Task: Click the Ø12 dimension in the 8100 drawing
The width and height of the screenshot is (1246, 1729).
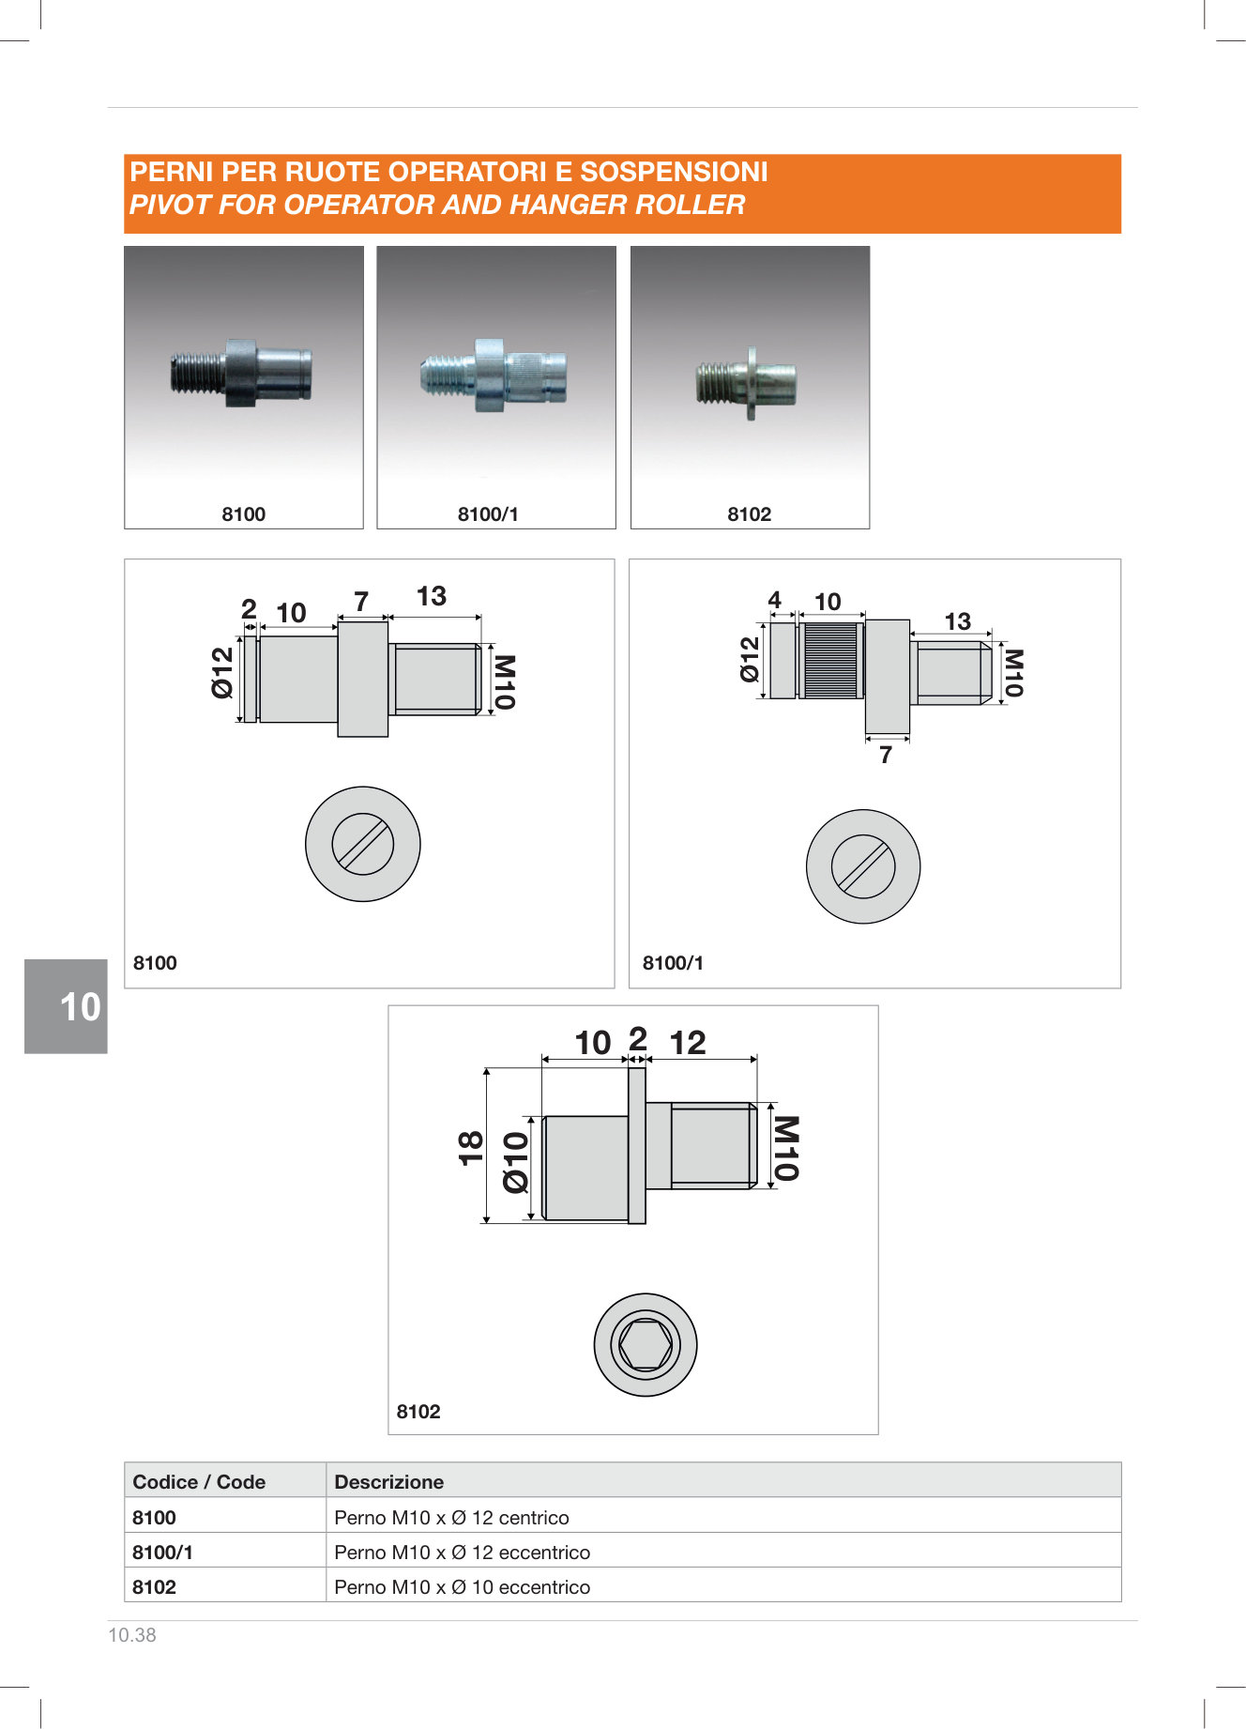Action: click(222, 673)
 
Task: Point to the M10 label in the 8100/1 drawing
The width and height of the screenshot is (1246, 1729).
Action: click(1013, 673)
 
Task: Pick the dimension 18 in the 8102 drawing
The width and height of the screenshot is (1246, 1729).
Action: click(470, 1147)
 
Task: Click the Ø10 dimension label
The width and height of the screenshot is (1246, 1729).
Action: click(516, 1162)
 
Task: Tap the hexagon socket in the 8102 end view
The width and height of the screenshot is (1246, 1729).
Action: click(646, 1345)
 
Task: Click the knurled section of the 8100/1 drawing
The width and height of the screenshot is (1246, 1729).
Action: click(831, 660)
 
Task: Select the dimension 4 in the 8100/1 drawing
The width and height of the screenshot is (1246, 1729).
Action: click(774, 600)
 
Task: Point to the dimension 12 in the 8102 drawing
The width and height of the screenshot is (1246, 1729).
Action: click(687, 1043)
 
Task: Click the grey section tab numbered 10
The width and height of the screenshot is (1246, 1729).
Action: click(66, 1006)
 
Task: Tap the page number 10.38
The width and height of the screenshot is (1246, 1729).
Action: click(132, 1635)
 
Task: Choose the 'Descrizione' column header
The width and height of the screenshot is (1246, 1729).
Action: click(388, 1482)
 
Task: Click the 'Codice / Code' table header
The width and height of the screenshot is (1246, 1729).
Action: click(199, 1482)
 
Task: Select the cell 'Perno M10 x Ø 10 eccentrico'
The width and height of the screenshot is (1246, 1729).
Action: click(463, 1587)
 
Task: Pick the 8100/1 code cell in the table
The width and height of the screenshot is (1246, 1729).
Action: click(162, 1553)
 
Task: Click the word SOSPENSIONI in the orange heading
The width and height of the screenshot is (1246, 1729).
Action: click(674, 172)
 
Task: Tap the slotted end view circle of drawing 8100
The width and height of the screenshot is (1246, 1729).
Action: click(362, 844)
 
